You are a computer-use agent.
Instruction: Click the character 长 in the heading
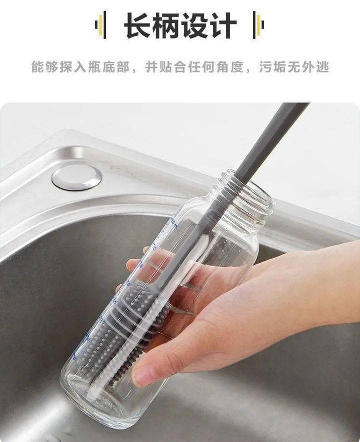point(138,25)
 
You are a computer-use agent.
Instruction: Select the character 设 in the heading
point(194,25)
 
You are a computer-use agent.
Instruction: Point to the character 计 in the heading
point(222,25)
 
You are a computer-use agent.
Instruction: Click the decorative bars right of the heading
point(258,25)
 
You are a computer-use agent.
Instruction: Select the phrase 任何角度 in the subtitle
point(215,67)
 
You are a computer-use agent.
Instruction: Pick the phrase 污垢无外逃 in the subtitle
point(294,67)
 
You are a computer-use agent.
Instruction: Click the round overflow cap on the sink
point(76,176)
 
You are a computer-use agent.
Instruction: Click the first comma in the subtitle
point(135,71)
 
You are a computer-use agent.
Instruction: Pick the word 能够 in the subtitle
point(44,67)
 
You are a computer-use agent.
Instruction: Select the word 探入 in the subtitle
point(73,67)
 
